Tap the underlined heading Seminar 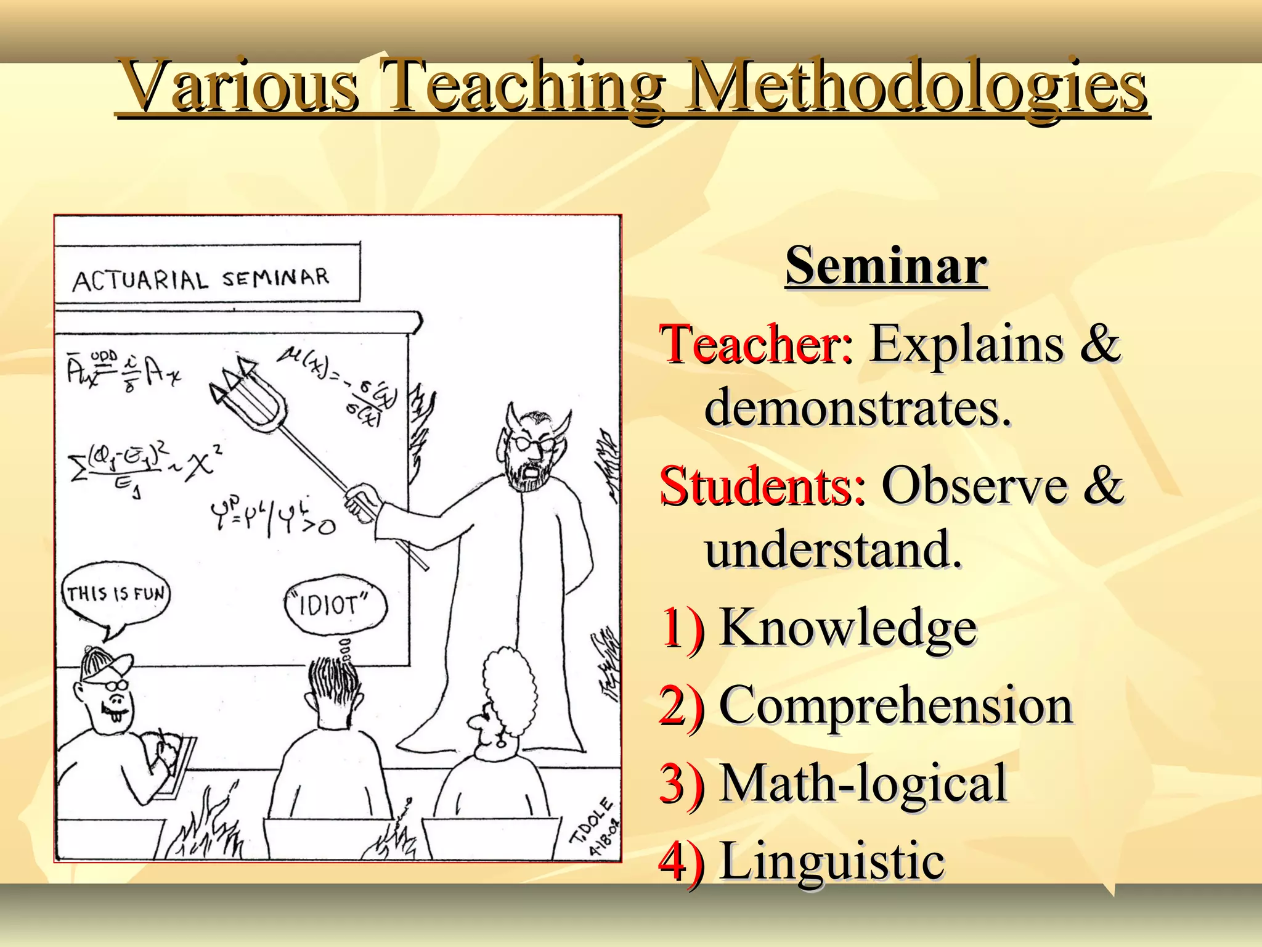tap(886, 265)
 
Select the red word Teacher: tap(757, 343)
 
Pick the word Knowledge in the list tap(848, 628)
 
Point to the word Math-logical tap(863, 783)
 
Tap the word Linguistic tap(831, 861)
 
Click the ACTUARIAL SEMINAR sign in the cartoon tap(202, 279)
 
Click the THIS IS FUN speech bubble tap(116, 594)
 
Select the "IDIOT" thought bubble tap(335, 604)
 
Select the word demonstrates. tap(857, 408)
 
